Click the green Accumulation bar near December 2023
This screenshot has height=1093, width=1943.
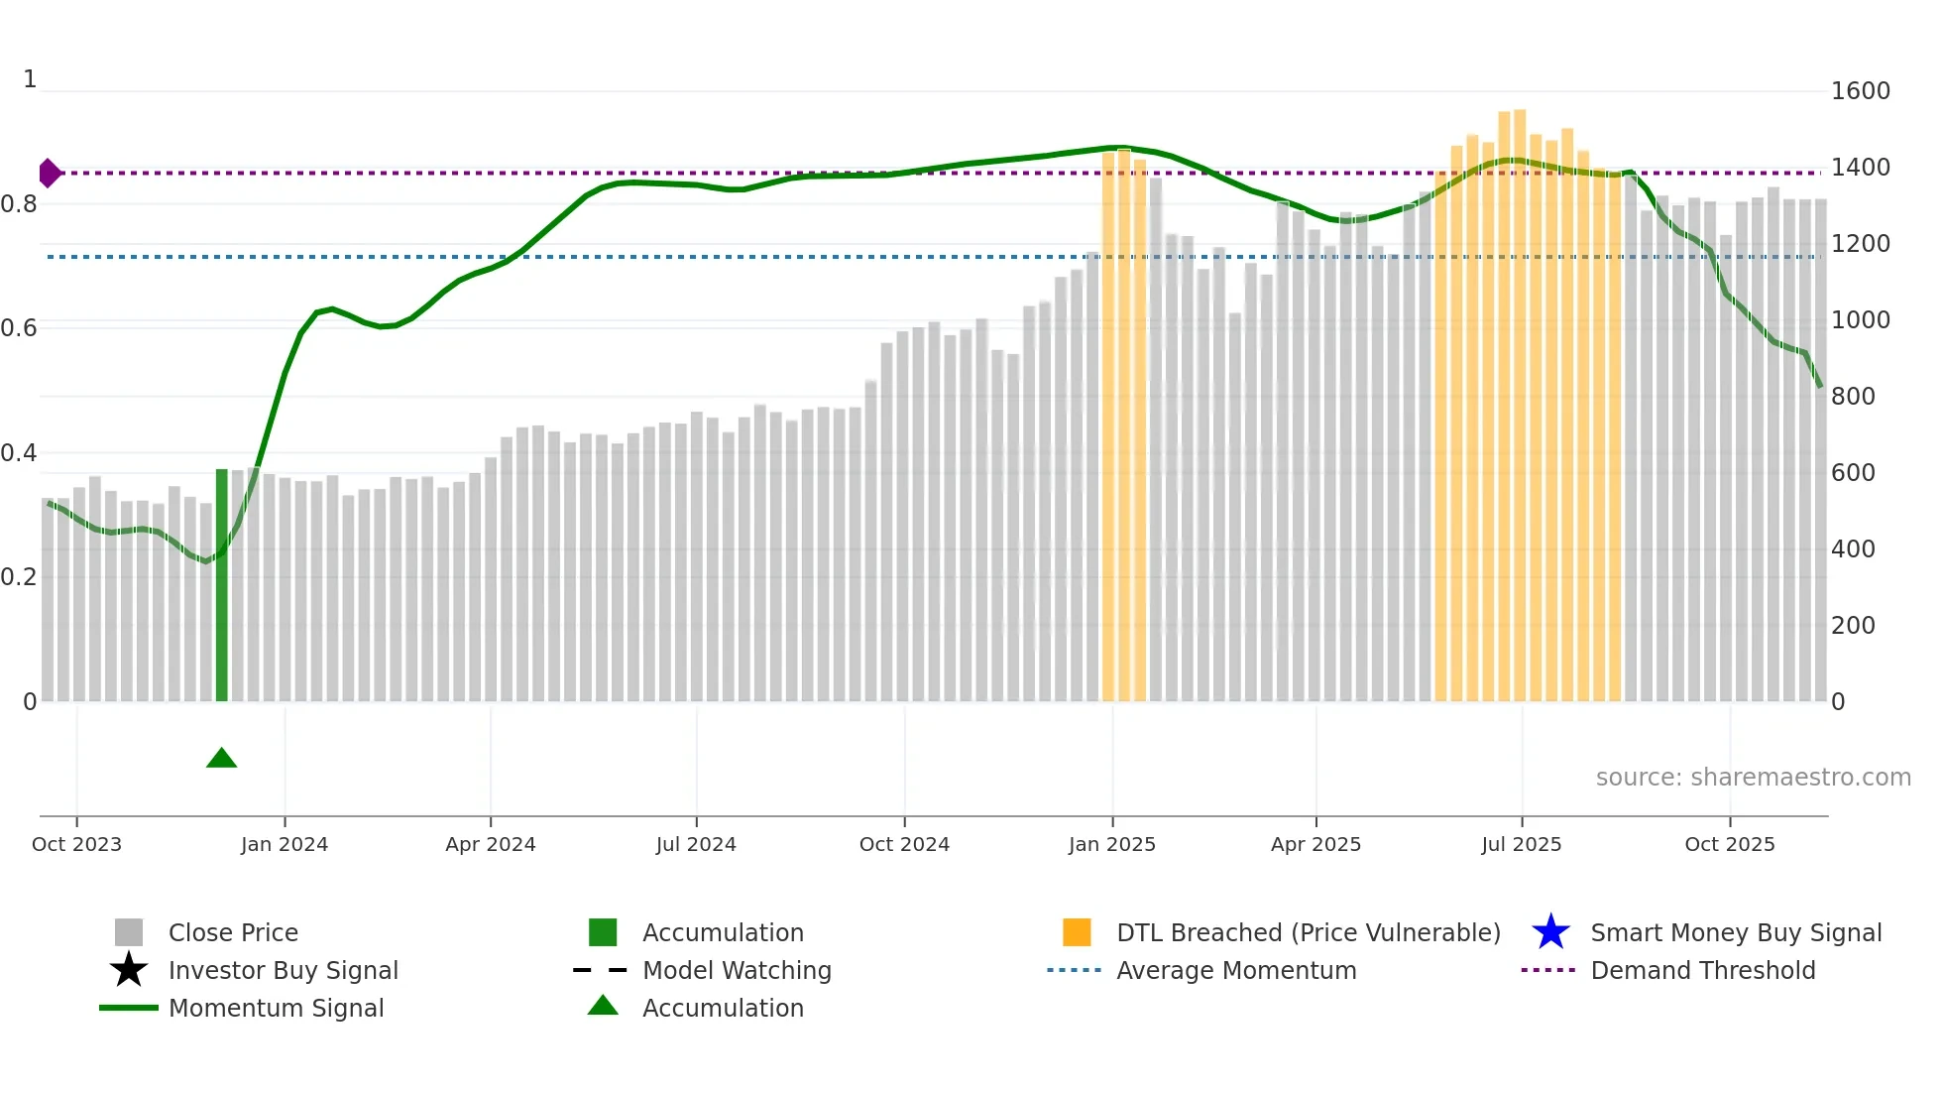(222, 585)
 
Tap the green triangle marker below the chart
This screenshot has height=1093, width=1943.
(221, 759)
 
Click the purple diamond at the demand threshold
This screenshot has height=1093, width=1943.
(49, 173)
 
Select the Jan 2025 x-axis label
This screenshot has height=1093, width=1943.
(1111, 844)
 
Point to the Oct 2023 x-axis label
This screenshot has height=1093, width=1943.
(76, 844)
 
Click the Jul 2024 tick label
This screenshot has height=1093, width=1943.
(696, 844)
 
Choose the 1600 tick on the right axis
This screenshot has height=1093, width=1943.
(1860, 91)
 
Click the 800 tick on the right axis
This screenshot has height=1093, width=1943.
(1853, 397)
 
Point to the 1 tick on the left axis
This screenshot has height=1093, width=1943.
(30, 79)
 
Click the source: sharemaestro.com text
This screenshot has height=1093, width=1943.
(1753, 778)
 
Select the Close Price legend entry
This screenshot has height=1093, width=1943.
(232, 932)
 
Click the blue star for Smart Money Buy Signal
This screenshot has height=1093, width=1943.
(1550, 932)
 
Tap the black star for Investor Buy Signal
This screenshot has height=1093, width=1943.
(129, 970)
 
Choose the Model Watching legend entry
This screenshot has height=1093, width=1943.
(736, 970)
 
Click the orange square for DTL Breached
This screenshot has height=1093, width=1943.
(1077, 932)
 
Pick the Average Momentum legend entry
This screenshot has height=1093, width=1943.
(1235, 970)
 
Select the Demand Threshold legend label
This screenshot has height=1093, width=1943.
(1702, 970)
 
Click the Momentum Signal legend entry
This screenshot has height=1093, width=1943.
(276, 1008)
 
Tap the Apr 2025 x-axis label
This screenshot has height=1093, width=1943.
(1315, 844)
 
